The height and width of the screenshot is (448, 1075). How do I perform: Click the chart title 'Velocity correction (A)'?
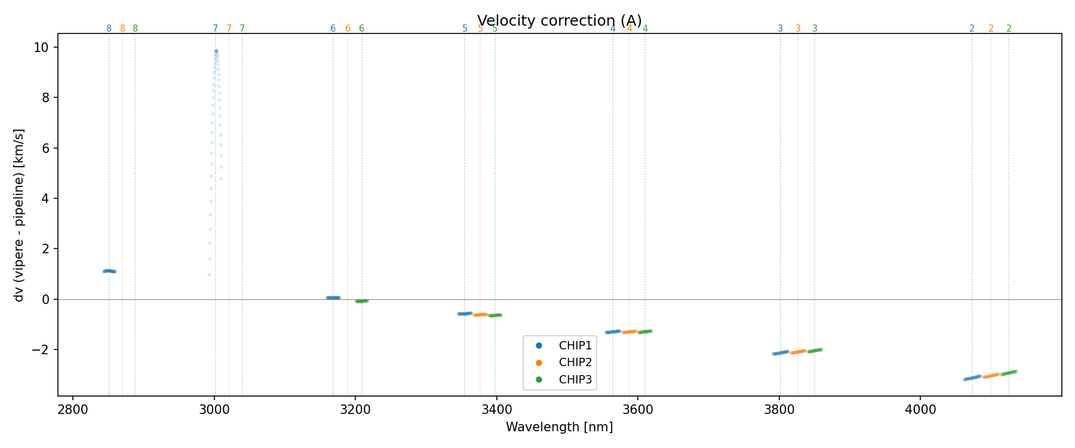(x=559, y=21)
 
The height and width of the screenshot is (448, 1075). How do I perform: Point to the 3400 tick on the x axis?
(x=496, y=409)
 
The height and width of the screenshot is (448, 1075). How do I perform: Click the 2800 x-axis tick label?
(x=73, y=409)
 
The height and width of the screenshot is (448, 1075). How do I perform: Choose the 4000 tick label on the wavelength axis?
(x=920, y=409)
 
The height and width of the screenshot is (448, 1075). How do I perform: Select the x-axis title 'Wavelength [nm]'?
(x=559, y=427)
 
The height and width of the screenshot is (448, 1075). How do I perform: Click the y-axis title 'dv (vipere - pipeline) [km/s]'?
(x=19, y=214)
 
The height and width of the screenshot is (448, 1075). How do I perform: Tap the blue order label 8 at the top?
(x=109, y=29)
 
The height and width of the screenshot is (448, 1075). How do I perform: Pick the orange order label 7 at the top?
(x=229, y=29)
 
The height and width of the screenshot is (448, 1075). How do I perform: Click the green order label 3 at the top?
(x=815, y=29)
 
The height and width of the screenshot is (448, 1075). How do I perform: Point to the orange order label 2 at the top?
(x=991, y=29)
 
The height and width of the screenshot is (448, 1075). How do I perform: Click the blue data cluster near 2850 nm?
(x=109, y=271)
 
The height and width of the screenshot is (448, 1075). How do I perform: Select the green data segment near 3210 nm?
(x=361, y=301)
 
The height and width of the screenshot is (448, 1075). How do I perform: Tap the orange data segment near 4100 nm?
(x=991, y=376)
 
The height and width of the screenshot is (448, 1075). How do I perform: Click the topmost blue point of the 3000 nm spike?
(x=216, y=51)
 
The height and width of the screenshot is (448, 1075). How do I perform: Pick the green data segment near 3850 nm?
(x=815, y=351)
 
